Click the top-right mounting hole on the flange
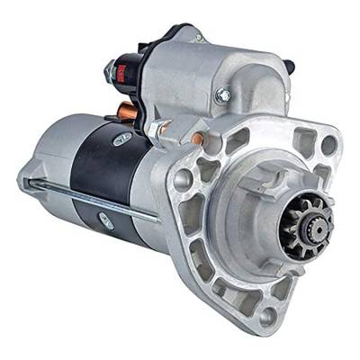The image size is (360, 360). pyautogui.click(x=328, y=144)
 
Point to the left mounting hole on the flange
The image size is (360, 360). pyautogui.click(x=184, y=179)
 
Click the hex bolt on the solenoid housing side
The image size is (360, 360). pyautogui.click(x=222, y=94)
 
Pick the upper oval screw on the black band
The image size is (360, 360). pyautogui.click(x=121, y=138)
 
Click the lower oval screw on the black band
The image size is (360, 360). pyautogui.click(x=106, y=220)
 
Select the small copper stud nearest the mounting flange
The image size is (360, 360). pyautogui.click(x=196, y=139)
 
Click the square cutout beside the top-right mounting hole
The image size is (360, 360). pyautogui.click(x=303, y=139)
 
